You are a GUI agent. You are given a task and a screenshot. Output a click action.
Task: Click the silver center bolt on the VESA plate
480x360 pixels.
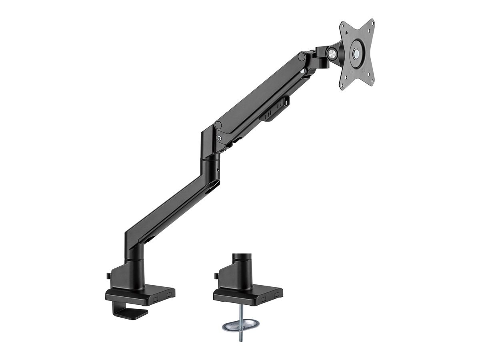356,54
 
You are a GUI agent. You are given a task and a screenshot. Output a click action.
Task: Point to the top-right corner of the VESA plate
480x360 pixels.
372,22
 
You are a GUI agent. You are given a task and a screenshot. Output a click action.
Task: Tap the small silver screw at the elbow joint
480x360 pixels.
219,137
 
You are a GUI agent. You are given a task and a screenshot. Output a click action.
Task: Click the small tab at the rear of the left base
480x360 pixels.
108,276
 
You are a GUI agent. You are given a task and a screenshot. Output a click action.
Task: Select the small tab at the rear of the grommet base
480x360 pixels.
216,276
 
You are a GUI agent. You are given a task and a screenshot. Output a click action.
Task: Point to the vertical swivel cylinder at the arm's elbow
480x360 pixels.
212,168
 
